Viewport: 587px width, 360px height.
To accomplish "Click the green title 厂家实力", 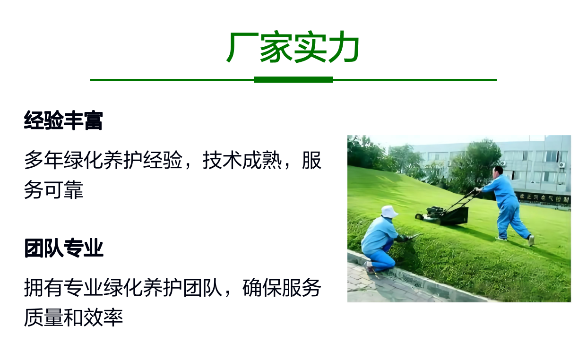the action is [x=293, y=47].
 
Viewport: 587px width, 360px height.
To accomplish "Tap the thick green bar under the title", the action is [x=293, y=80].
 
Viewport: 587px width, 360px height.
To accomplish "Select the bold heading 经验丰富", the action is [x=63, y=120].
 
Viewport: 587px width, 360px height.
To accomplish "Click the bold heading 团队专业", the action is [x=64, y=248].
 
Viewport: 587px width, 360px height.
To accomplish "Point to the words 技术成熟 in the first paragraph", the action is [x=242, y=160].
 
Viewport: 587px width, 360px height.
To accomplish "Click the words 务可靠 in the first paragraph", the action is [x=53, y=189].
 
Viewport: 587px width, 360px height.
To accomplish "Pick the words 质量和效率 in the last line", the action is [x=73, y=317].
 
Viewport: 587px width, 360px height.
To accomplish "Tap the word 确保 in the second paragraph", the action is [x=262, y=288].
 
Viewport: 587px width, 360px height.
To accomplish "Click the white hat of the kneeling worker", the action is [x=389, y=212].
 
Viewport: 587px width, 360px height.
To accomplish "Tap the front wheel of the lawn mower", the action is [x=419, y=216].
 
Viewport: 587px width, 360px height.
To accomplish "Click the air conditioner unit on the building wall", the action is [x=562, y=165].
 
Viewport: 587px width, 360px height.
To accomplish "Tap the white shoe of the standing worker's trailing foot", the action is [x=531, y=240].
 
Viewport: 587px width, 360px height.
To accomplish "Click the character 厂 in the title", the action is [x=239, y=47].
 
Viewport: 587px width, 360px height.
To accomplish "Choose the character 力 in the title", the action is [x=344, y=47].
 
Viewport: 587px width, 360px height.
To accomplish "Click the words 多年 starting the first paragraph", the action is [x=43, y=160].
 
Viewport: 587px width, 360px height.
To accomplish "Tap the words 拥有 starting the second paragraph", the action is [x=43, y=288].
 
